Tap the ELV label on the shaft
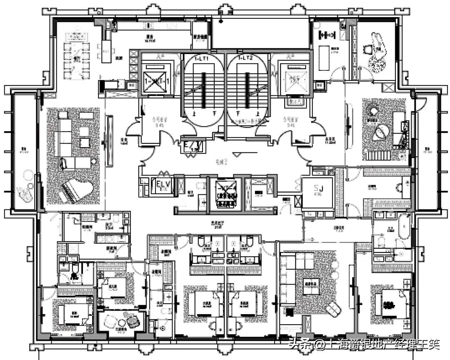(x=162, y=185)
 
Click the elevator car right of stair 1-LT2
(x=294, y=78)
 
